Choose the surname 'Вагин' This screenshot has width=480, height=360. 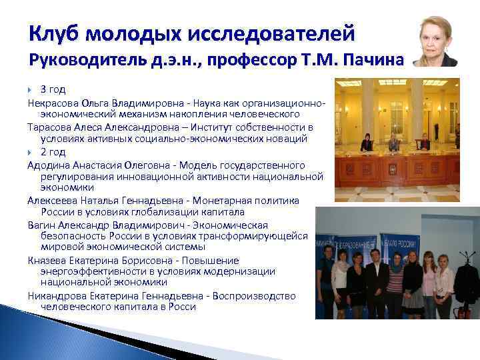(x=41, y=225)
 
